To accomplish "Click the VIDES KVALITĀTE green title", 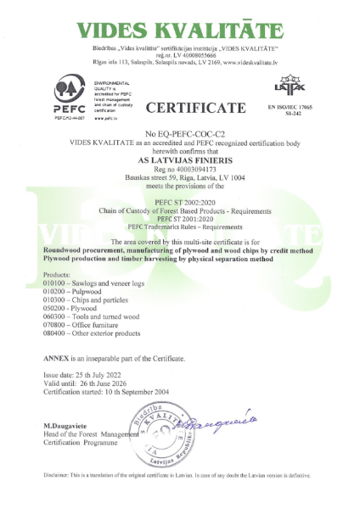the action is point(180,31).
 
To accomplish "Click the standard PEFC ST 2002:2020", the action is point(180,200).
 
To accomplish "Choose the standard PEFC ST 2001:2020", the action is point(180,217).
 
